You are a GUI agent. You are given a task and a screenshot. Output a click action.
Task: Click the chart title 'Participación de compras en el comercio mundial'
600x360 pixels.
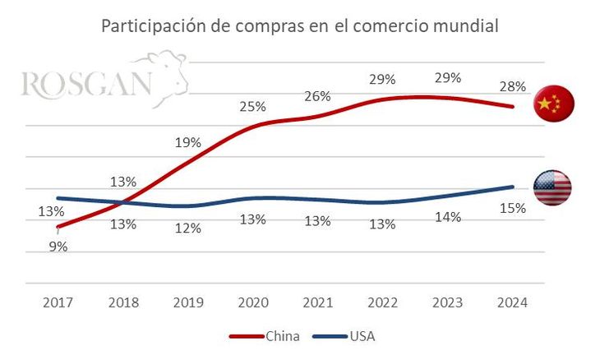(x=299, y=25)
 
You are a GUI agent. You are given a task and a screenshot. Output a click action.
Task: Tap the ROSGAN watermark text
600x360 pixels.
(x=86, y=84)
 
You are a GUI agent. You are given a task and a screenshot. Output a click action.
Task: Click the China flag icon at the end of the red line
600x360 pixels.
(x=553, y=104)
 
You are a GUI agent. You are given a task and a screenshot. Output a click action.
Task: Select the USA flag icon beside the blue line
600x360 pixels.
(x=552, y=188)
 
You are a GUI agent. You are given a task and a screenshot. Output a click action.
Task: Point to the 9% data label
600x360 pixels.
(x=58, y=246)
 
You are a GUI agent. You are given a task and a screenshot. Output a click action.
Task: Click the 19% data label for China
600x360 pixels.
(x=188, y=142)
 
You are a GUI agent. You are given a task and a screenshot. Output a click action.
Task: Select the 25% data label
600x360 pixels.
(x=252, y=106)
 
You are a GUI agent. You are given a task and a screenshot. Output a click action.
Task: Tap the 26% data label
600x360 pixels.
(x=317, y=96)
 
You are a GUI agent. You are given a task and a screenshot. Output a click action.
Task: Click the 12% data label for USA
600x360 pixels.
(x=188, y=228)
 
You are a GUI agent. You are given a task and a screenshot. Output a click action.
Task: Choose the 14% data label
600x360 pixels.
(x=448, y=217)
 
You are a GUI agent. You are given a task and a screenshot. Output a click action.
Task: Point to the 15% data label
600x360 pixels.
(x=513, y=208)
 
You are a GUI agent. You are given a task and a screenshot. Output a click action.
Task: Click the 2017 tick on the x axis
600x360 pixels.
(x=58, y=302)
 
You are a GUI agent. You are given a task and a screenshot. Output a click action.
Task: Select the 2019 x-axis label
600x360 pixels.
(x=188, y=302)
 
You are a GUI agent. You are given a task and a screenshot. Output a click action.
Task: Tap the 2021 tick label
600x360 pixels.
(x=317, y=302)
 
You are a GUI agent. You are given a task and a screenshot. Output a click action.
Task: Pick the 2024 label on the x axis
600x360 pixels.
(x=513, y=302)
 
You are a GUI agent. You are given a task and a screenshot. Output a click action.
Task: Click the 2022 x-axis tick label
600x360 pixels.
(x=382, y=302)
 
